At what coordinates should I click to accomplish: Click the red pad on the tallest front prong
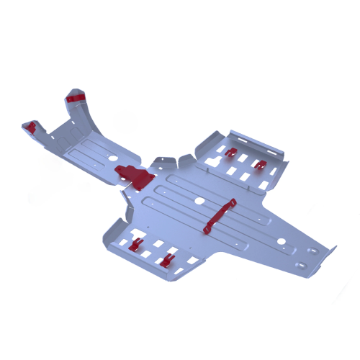coord(76,96)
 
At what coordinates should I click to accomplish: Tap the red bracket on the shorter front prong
coord(30,127)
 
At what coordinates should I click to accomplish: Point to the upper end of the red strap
coord(232,202)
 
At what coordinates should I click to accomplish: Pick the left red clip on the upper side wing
coord(230,153)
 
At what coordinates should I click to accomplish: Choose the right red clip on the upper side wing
coord(260,165)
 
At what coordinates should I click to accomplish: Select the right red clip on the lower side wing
coord(167,260)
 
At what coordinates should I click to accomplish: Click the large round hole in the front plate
coord(111,156)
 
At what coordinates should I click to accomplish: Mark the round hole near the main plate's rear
coord(282,240)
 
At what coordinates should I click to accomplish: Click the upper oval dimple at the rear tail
coord(312,251)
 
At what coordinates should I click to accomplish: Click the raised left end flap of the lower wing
coord(113,230)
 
